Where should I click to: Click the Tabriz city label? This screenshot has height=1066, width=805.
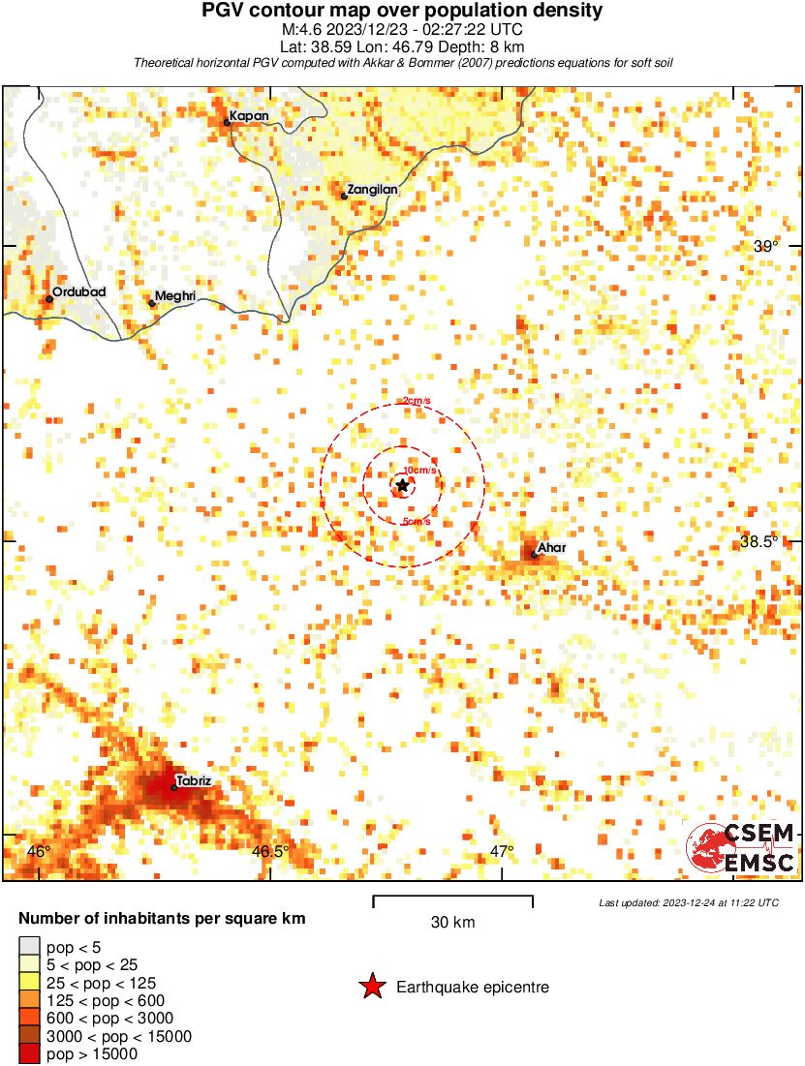pos(194,780)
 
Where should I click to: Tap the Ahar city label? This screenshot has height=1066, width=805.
pos(551,548)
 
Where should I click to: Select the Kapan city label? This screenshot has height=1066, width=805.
pos(249,116)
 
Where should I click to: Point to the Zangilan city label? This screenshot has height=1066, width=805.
pos(373,190)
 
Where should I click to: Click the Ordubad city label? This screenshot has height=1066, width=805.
pos(78,291)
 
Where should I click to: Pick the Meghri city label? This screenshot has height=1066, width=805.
pos(176,295)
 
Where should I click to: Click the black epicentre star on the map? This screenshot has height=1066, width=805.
pos(402,485)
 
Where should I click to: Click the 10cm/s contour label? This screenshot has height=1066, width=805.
pos(419,471)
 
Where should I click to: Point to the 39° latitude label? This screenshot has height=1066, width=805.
pos(766,246)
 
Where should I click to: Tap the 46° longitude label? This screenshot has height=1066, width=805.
pos(39,851)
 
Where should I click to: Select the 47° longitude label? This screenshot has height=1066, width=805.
pos(501,851)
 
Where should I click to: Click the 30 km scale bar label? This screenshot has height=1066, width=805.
pos(452,922)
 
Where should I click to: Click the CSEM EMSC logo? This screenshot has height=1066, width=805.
pos(741,846)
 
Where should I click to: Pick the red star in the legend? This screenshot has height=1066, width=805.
pos(371,987)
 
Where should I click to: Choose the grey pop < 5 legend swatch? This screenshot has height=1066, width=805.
pos(29,947)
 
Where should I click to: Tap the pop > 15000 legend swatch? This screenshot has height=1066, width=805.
pos(29,1052)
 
